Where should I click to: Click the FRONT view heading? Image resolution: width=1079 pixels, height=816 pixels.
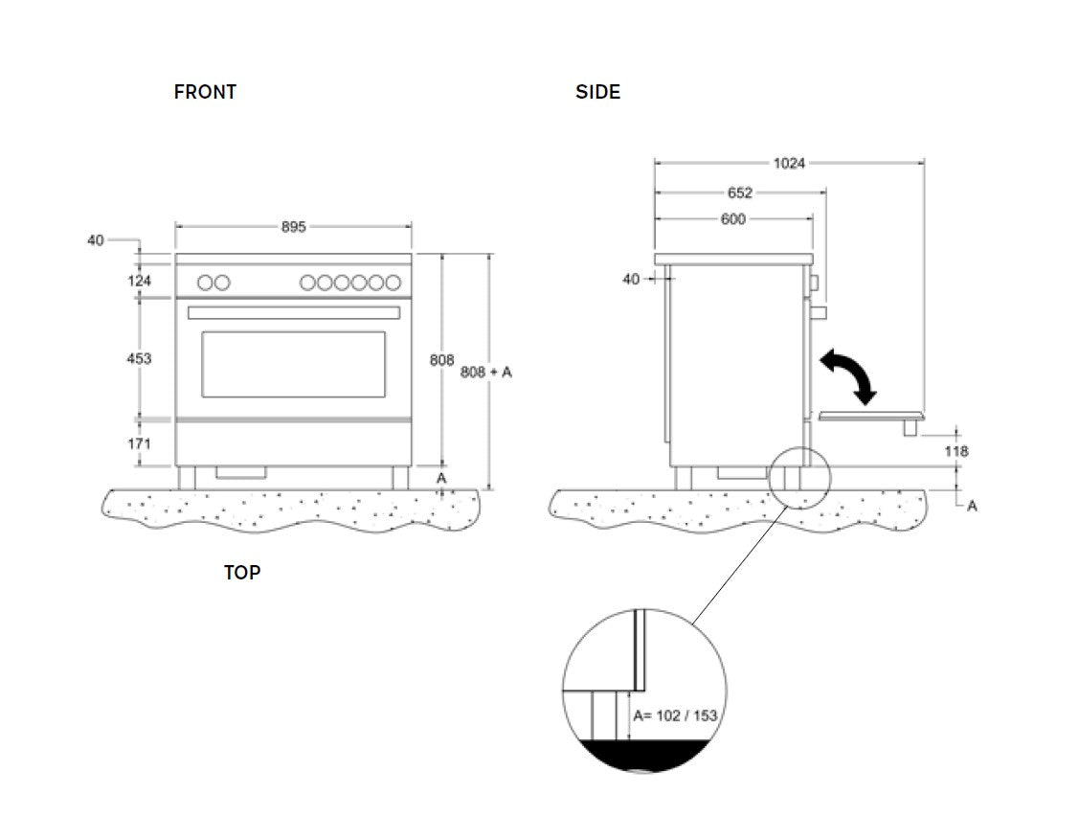click(205, 92)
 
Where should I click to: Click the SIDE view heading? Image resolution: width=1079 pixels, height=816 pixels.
click(597, 92)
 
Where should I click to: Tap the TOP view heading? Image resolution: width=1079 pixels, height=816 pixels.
click(242, 573)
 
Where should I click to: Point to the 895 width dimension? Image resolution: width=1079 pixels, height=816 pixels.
click(293, 227)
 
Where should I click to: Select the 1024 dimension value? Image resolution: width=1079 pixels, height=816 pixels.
click(789, 164)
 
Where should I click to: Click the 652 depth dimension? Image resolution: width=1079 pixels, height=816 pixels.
click(740, 193)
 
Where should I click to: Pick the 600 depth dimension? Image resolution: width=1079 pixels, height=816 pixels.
click(732, 219)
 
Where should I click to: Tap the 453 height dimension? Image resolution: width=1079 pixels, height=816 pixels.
click(139, 358)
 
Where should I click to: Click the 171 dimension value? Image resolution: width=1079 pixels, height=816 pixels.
click(139, 444)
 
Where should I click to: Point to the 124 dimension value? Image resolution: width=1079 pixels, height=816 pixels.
click(139, 281)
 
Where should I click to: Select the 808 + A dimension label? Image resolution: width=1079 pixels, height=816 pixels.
click(486, 372)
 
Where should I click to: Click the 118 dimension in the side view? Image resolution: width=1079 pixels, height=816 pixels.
click(955, 450)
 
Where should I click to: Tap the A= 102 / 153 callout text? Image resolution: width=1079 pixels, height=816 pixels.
click(675, 715)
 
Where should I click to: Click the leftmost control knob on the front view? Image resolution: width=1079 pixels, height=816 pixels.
click(205, 283)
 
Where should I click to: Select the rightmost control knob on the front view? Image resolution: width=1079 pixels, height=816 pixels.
click(393, 283)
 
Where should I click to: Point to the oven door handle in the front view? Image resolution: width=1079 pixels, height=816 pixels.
click(294, 313)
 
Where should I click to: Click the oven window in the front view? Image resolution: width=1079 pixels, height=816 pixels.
click(293, 364)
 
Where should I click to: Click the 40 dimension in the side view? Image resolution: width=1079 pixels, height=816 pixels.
click(631, 280)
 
